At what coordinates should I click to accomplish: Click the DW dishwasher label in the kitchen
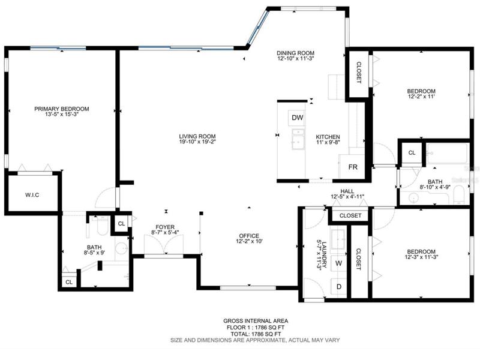point(297,118)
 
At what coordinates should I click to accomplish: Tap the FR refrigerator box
point(352,167)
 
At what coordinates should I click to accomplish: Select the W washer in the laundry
point(338,263)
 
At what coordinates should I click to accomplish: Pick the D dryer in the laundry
point(338,287)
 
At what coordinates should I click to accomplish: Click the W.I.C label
point(32,195)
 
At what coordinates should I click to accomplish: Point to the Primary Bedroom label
point(62,109)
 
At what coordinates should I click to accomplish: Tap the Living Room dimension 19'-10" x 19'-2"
point(197,142)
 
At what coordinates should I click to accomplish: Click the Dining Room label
point(295,53)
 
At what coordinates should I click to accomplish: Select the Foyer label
point(165,227)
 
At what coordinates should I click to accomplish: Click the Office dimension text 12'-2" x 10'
point(249,241)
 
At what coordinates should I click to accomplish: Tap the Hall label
point(347,191)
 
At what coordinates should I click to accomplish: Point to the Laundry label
point(325,255)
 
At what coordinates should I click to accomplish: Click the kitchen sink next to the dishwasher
point(298,139)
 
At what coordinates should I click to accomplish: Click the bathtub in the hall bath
point(448,154)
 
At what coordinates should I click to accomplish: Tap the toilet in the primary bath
point(102,226)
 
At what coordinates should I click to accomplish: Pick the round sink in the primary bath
point(122,248)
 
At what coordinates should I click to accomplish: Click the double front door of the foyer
point(164,244)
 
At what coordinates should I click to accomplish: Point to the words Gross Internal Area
point(256,321)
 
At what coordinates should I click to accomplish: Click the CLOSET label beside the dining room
point(359,73)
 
